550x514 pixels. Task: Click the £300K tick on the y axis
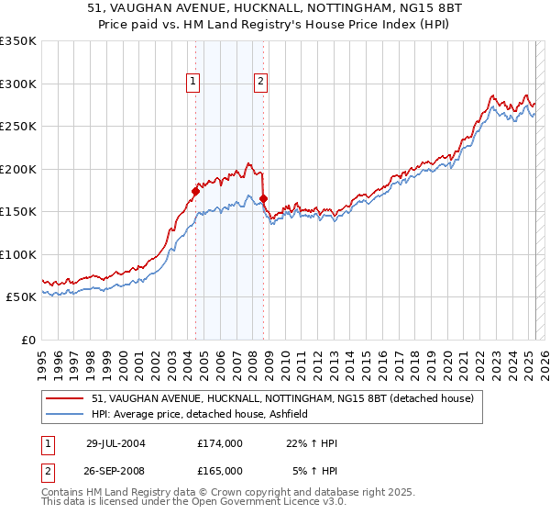coord(18,84)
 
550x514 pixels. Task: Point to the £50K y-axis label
coord(20,297)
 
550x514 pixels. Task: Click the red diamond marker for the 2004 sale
coord(195,192)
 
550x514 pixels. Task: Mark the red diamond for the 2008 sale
coord(263,198)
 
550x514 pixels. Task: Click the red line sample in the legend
coord(64,399)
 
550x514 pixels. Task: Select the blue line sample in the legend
coord(64,414)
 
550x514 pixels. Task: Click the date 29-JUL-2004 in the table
coord(115,443)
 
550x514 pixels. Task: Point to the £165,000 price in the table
coord(220,471)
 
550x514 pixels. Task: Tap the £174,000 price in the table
coord(220,443)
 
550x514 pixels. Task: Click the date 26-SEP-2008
coord(115,471)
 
